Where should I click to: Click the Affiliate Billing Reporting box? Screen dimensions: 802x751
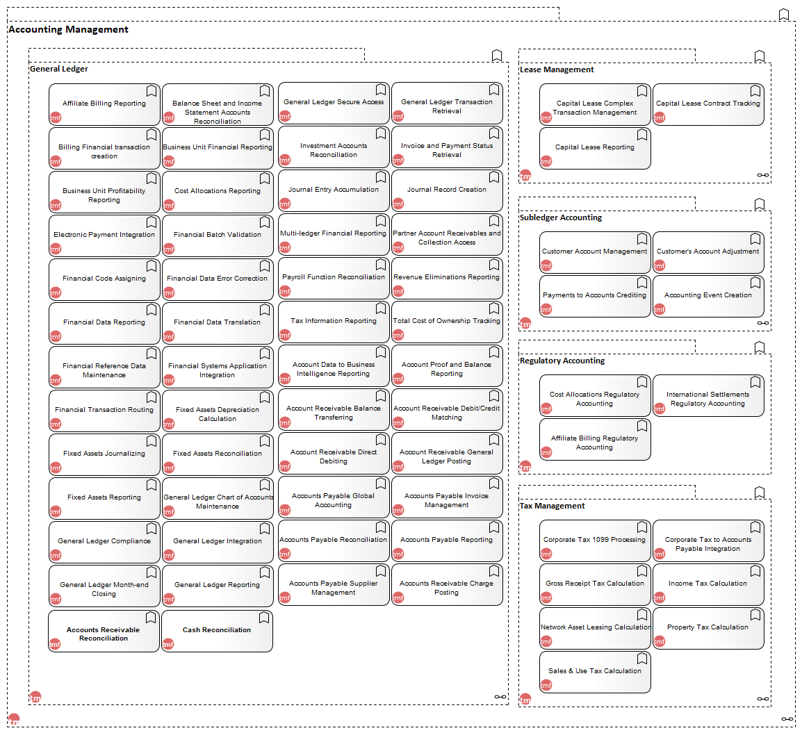(x=104, y=104)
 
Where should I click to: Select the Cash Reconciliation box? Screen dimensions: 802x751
(x=217, y=631)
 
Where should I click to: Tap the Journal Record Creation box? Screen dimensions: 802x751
(x=447, y=190)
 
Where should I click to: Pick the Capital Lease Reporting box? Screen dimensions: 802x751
(x=595, y=148)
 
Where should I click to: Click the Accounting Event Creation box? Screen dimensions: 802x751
(x=708, y=296)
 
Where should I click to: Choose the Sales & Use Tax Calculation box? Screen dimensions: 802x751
(x=595, y=672)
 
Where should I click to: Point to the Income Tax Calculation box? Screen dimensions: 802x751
(x=708, y=584)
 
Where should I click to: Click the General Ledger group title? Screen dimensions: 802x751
(x=59, y=69)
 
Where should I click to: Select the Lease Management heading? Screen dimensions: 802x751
(x=557, y=69)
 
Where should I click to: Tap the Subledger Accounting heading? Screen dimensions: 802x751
(x=561, y=217)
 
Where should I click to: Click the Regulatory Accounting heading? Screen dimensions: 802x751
(x=562, y=361)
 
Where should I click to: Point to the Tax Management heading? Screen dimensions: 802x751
(x=552, y=506)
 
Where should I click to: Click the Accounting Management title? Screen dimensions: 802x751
(x=69, y=30)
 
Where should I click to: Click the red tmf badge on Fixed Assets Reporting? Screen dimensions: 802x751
(x=56, y=512)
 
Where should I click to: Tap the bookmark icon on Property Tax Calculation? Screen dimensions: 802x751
(x=755, y=615)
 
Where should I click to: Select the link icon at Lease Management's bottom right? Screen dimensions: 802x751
(x=762, y=175)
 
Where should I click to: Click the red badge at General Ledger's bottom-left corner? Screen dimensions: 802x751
(x=35, y=698)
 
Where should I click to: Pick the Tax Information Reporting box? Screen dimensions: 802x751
(x=334, y=322)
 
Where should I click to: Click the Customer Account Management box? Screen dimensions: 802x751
(x=595, y=252)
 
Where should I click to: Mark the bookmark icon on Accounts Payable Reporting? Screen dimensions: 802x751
(x=494, y=527)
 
